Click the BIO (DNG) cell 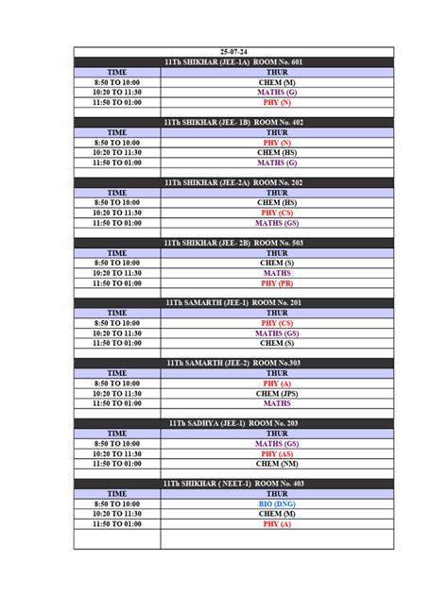pos(277,503)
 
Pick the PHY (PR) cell pos(277,282)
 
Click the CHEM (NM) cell pos(277,464)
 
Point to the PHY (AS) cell pos(277,453)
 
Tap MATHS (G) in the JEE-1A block pos(277,93)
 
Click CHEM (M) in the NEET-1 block pos(277,514)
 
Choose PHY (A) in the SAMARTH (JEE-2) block pos(277,384)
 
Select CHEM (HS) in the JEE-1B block pos(277,152)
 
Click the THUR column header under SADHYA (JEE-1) pos(277,434)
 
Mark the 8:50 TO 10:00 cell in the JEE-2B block pos(116,263)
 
